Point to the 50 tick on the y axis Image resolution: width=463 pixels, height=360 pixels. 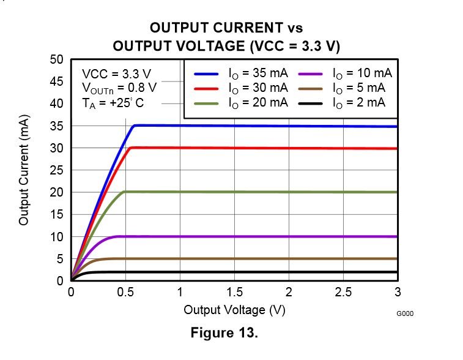(57, 59)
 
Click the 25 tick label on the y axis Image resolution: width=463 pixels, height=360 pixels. (57, 171)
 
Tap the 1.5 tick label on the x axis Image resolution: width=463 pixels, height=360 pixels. (234, 293)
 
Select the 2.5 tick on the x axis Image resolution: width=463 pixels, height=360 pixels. (343, 293)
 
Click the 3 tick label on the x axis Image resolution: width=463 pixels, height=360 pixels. (398, 293)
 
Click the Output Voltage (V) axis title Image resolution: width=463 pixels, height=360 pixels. (234, 310)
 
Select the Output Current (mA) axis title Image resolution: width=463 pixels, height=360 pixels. (24, 170)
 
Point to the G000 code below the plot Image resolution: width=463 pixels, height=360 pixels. (405, 313)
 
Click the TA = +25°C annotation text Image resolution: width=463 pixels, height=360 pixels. (113, 103)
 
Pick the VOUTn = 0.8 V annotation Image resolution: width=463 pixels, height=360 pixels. (119, 88)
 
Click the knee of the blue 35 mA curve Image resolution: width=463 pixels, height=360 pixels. (134, 126)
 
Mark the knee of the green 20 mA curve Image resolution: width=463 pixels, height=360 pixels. (125, 192)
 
